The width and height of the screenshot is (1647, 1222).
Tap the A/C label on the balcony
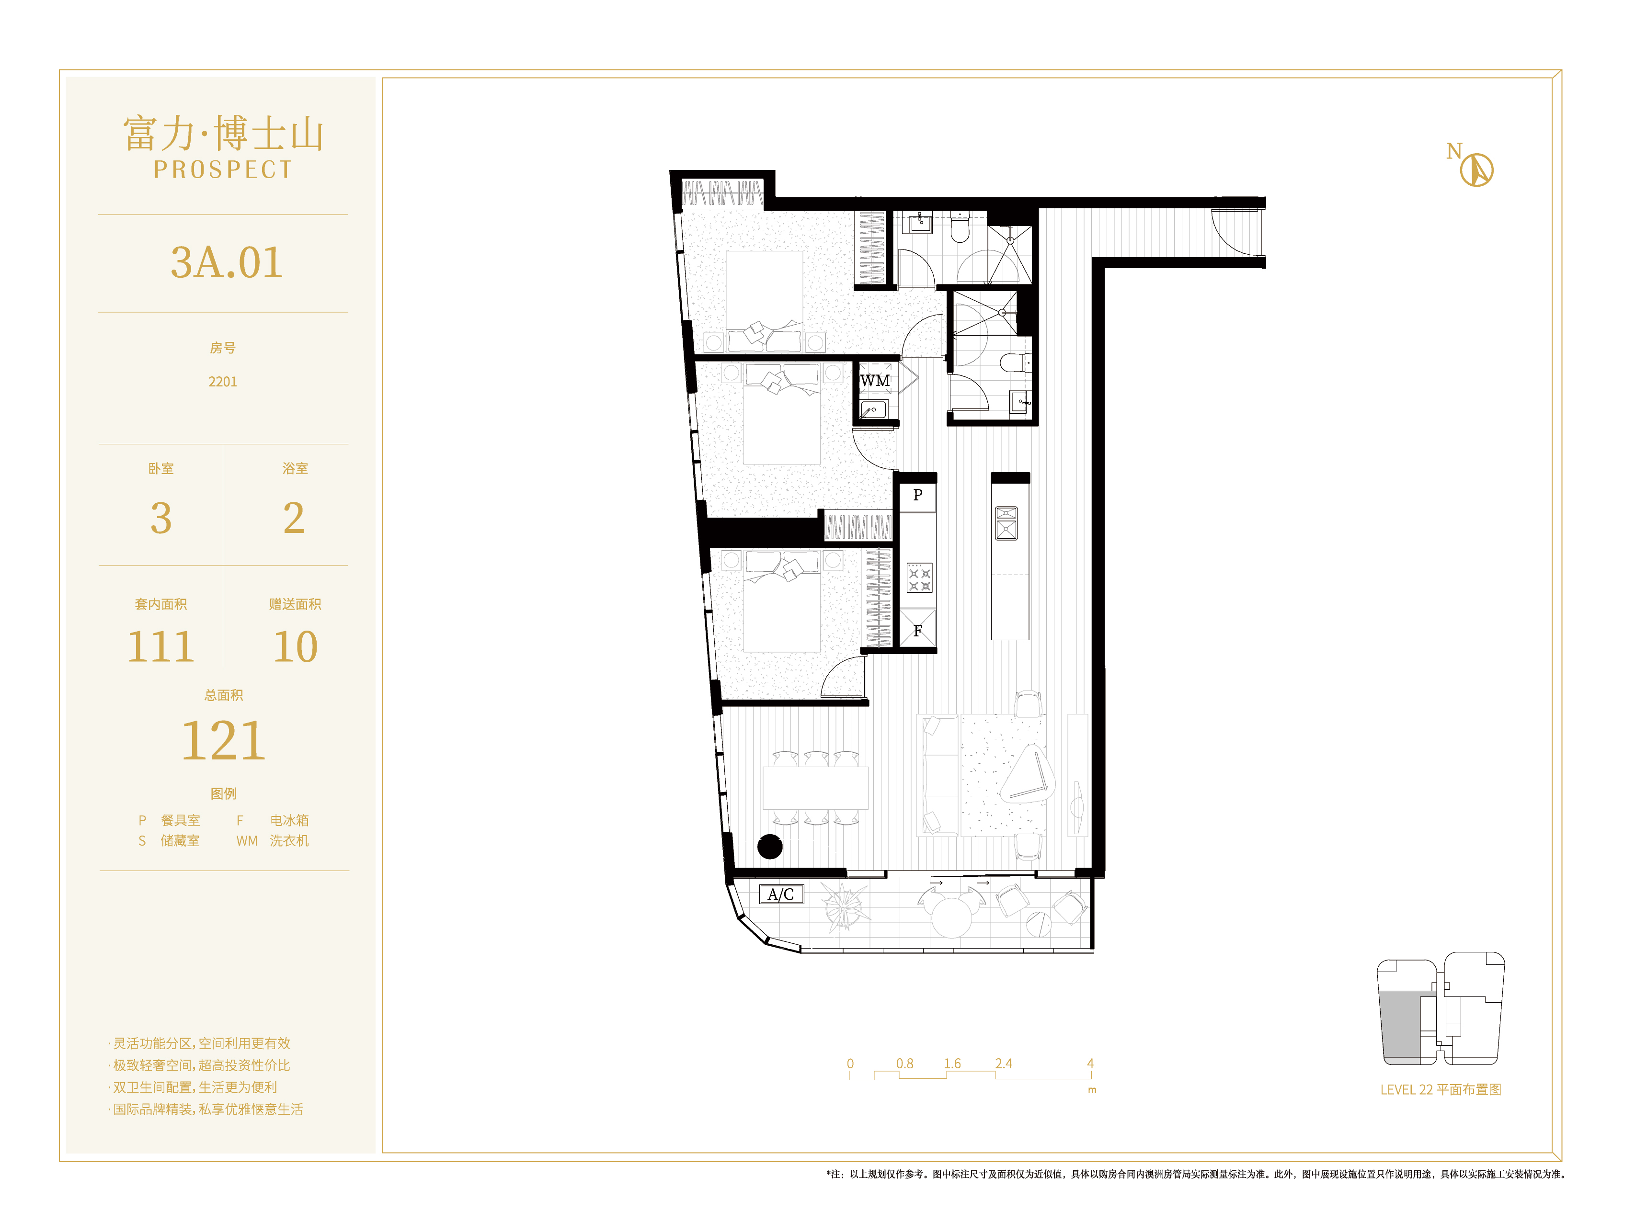780,894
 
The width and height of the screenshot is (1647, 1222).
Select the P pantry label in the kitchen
917,495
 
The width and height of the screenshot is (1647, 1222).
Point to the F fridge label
917,631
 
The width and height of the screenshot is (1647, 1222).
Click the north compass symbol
1476,170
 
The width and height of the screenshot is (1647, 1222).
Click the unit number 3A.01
227,262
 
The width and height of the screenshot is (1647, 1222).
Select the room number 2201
223,382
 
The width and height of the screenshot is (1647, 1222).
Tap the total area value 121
223,740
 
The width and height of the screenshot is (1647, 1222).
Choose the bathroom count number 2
294,518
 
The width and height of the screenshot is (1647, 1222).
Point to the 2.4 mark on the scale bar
1003,1064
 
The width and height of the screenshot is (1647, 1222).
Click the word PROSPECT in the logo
223,170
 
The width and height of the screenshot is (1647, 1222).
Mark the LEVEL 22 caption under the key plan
1440,1089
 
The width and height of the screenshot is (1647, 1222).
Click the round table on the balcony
951,917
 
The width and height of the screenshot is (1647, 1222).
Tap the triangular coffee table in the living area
1029,774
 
